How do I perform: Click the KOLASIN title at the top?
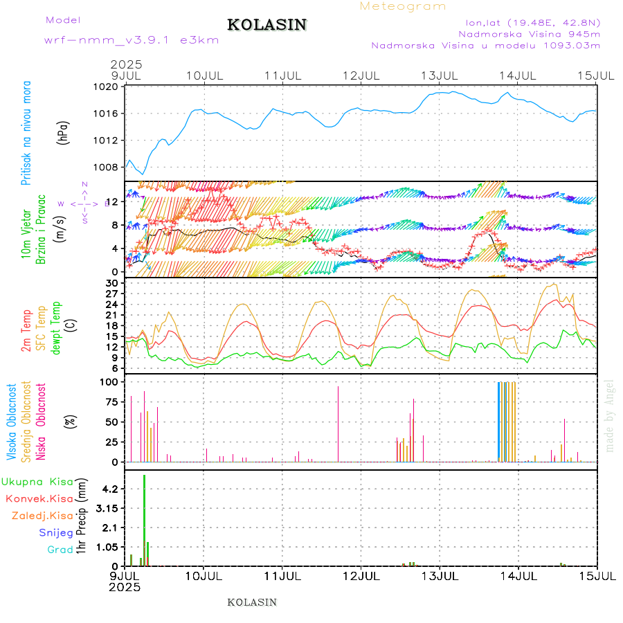(267, 25)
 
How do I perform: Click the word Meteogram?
(403, 6)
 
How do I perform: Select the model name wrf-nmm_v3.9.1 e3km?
(131, 39)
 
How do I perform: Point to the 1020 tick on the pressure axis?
(109, 87)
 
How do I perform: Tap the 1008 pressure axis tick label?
(109, 167)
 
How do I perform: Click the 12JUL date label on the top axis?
(362, 74)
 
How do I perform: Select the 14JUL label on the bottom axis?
(519, 576)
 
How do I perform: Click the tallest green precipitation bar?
(144, 519)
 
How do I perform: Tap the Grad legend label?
(60, 550)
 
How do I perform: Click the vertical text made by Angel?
(610, 415)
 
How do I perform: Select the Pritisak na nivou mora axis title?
(27, 133)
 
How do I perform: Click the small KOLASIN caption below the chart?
(252, 602)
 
